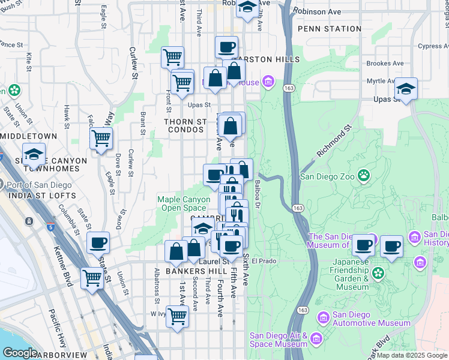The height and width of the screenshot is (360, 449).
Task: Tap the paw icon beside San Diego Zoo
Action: (364, 176)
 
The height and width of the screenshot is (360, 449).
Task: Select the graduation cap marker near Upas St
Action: (406, 90)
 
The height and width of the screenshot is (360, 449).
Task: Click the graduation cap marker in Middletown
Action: (34, 155)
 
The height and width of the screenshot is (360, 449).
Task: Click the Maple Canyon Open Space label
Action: (184, 203)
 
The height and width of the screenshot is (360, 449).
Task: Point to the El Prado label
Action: (263, 261)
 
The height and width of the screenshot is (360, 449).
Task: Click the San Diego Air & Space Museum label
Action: (279, 340)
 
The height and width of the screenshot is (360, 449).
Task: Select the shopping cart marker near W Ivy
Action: (177, 316)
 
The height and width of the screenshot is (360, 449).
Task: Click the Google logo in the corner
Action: (20, 352)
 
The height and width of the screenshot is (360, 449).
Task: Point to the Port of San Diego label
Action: (44, 185)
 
